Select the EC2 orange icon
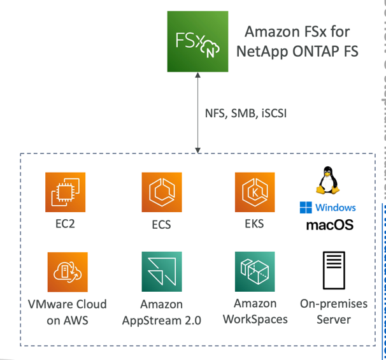tap(65, 192)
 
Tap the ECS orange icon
tap(162, 192)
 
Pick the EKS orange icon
tap(254, 192)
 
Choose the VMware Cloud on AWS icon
tap(68, 272)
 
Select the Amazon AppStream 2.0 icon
tap(162, 272)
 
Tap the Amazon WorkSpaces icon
tap(255, 272)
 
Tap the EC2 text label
tap(65, 224)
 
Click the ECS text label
tap(162, 225)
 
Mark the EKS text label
tap(254, 224)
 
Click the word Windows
tap(336, 208)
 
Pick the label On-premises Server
tap(334, 311)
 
